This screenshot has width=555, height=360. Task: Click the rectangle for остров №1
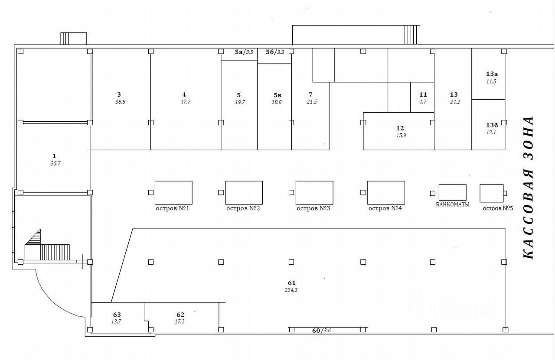pyautogui.click(x=173, y=192)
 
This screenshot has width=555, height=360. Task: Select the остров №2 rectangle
pyautogui.click(x=244, y=192)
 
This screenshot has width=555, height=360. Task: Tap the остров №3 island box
pyautogui.click(x=314, y=192)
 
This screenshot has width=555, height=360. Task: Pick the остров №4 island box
pyautogui.click(x=386, y=192)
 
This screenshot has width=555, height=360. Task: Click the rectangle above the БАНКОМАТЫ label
pyautogui.click(x=452, y=192)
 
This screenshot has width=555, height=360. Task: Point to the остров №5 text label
pyautogui.click(x=498, y=208)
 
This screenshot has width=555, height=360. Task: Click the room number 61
pyautogui.click(x=291, y=283)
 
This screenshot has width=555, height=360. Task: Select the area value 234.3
pyautogui.click(x=291, y=290)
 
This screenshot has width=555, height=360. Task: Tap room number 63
pyautogui.click(x=117, y=315)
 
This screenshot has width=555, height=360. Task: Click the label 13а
pyautogui.click(x=492, y=74)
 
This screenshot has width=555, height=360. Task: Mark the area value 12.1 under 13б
pyautogui.click(x=491, y=133)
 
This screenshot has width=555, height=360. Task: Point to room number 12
pyautogui.click(x=400, y=128)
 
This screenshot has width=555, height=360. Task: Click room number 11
pyautogui.click(x=423, y=94)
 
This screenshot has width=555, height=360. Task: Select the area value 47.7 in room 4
pyautogui.click(x=184, y=102)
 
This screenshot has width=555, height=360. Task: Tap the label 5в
pyautogui.click(x=277, y=95)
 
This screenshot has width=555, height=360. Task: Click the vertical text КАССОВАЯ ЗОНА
pyautogui.click(x=528, y=187)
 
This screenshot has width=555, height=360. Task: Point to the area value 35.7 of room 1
pyautogui.click(x=54, y=163)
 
